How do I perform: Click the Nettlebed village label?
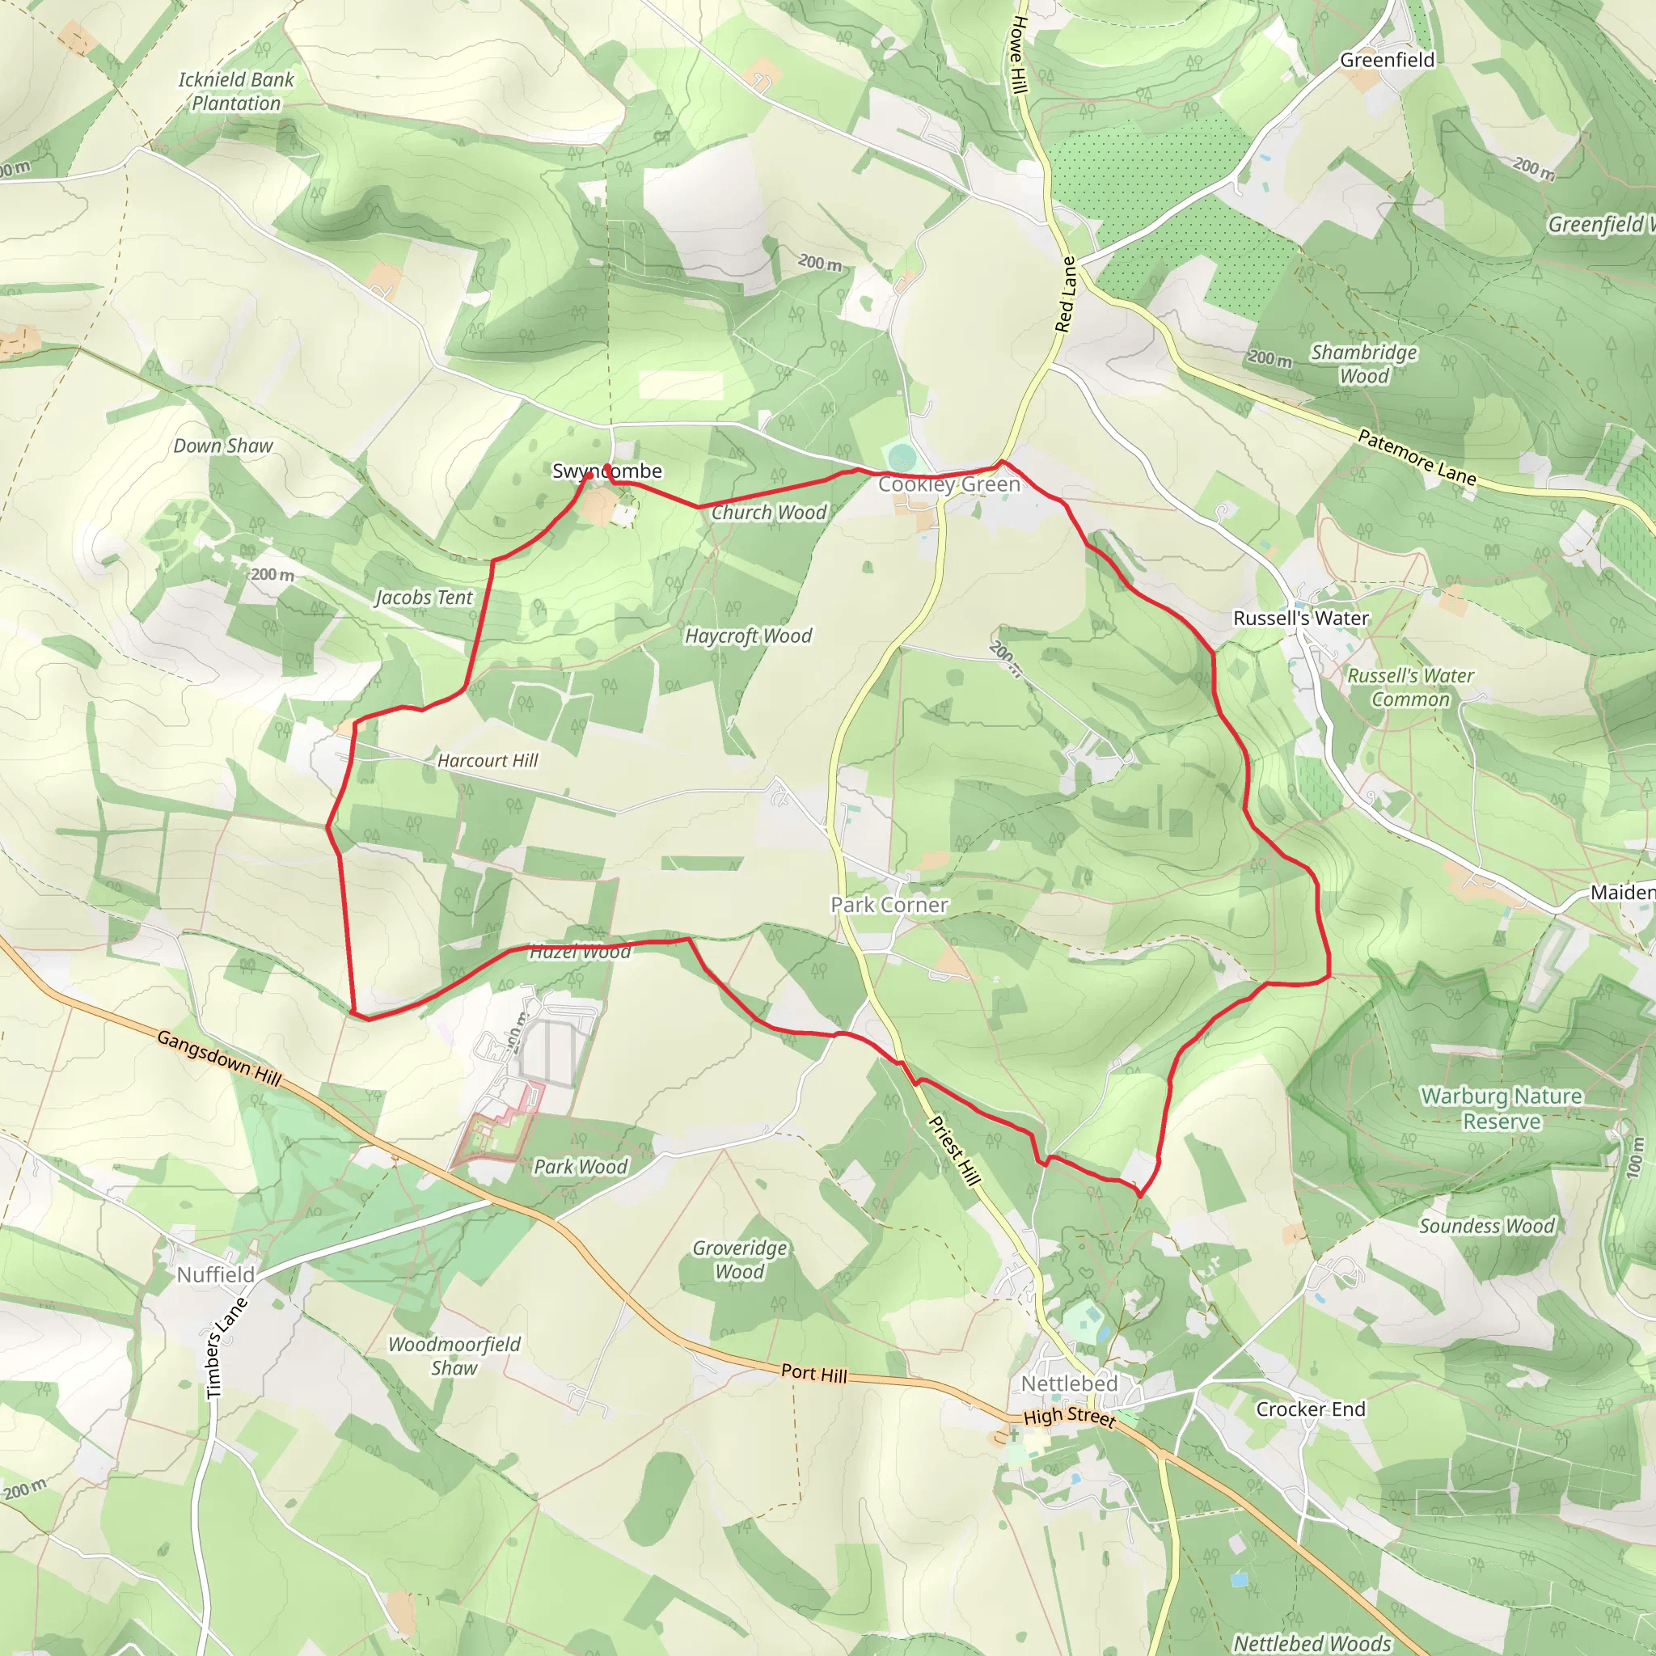click(x=1069, y=1384)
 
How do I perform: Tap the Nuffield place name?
click(x=216, y=1274)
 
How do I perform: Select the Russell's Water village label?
click(x=1300, y=618)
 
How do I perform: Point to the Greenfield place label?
click(x=1387, y=60)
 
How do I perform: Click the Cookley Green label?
click(x=948, y=484)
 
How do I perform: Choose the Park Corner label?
click(x=889, y=904)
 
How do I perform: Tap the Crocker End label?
click(x=1310, y=1409)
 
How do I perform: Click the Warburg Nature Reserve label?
click(x=1501, y=1109)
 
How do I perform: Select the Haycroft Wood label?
click(x=747, y=636)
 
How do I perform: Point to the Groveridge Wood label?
click(x=739, y=1260)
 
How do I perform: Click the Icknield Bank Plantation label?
click(x=236, y=91)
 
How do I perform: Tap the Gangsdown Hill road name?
click(x=219, y=1059)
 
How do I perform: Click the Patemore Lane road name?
click(x=1417, y=458)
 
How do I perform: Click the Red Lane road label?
click(x=1066, y=294)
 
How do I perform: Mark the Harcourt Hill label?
click(x=487, y=760)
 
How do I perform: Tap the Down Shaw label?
click(x=223, y=446)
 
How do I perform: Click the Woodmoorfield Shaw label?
click(x=454, y=1356)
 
